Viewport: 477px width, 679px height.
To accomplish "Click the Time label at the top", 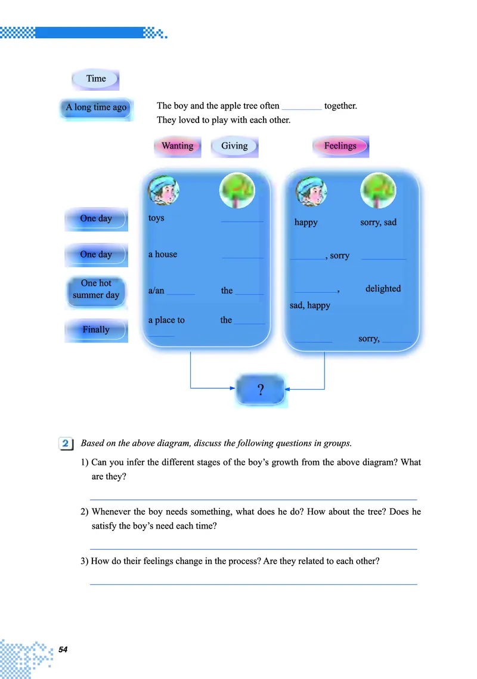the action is click(x=95, y=79).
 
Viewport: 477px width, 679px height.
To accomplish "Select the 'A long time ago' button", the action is click(x=95, y=108).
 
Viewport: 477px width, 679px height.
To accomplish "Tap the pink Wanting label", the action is click(x=178, y=146).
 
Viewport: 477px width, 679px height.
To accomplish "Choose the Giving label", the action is click(x=234, y=146).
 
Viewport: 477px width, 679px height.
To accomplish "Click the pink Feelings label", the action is click(x=340, y=146).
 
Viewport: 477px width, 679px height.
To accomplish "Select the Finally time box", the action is click(x=96, y=330).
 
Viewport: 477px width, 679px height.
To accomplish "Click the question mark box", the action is click(x=261, y=390).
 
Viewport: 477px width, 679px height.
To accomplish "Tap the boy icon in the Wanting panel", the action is click(x=163, y=190).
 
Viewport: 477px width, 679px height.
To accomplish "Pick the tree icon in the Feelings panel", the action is click(x=378, y=190).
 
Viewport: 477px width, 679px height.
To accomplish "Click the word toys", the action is click(x=156, y=218).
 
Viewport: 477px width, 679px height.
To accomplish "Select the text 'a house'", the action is click(x=163, y=254).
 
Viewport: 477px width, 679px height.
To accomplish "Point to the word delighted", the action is click(x=383, y=288).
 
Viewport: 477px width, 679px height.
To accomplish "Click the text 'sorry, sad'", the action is click(x=378, y=222).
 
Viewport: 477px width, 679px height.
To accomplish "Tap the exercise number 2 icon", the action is click(x=66, y=443).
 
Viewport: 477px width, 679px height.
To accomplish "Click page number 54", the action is click(x=63, y=649).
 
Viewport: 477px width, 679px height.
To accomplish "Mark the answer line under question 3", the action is click(x=253, y=584).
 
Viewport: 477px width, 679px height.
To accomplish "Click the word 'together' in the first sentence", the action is click(x=340, y=106).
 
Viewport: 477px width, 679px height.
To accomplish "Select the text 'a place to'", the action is click(x=166, y=320).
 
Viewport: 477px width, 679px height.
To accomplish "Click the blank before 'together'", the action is click(x=302, y=110).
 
